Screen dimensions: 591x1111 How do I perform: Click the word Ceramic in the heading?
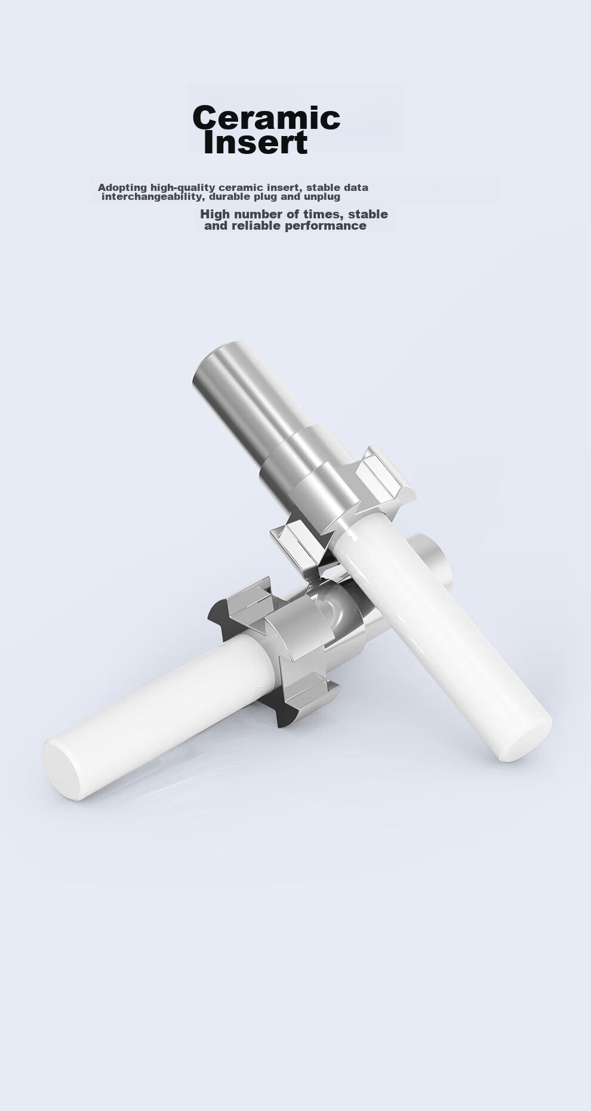pos(266,118)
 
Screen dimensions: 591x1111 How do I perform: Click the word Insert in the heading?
pos(256,143)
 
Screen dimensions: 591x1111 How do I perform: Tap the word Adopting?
pos(122,188)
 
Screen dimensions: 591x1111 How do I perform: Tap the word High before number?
pos(215,214)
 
